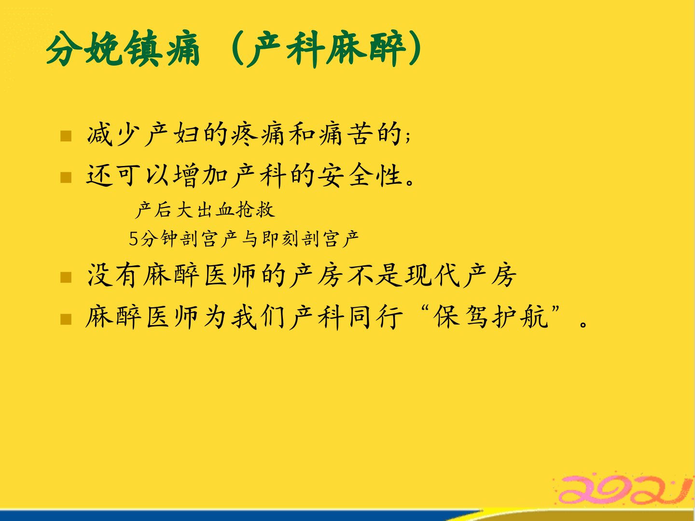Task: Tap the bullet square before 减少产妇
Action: point(66,136)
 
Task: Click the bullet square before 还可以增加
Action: point(66,178)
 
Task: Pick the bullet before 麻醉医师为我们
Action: point(66,319)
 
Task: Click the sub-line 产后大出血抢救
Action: point(205,210)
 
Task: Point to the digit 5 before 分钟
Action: point(133,239)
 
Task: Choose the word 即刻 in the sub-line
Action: point(280,239)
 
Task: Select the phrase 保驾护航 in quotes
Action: point(490,317)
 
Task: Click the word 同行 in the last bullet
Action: point(376,317)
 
